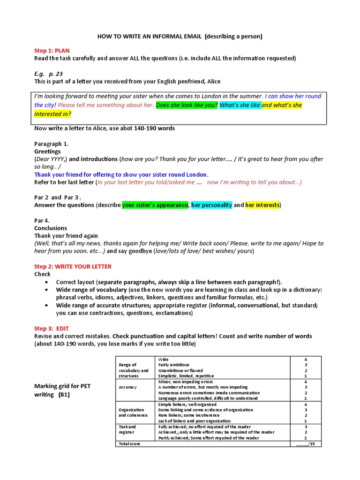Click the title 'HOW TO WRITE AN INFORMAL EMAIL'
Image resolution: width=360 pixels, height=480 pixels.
point(150,36)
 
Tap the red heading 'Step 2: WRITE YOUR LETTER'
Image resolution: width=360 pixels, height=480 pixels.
point(73,266)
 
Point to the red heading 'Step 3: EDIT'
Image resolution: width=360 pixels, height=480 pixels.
point(52,329)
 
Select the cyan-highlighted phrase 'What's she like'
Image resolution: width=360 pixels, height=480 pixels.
point(240,105)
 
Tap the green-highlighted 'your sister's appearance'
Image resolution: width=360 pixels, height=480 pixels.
point(155,205)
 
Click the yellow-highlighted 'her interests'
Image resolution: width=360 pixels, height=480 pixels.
point(262,205)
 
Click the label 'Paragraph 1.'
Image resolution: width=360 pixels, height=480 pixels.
point(52,144)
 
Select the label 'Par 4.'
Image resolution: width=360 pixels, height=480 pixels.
point(42,220)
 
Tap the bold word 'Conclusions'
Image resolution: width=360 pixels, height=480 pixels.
point(51,228)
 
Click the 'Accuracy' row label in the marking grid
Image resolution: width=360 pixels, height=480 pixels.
point(127,387)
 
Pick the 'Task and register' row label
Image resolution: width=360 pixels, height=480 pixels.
point(127,430)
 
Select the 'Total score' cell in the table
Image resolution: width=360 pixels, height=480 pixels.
point(129,443)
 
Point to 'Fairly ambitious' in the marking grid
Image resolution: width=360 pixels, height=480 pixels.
point(174,365)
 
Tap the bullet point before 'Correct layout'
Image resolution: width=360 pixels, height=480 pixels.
point(46,282)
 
